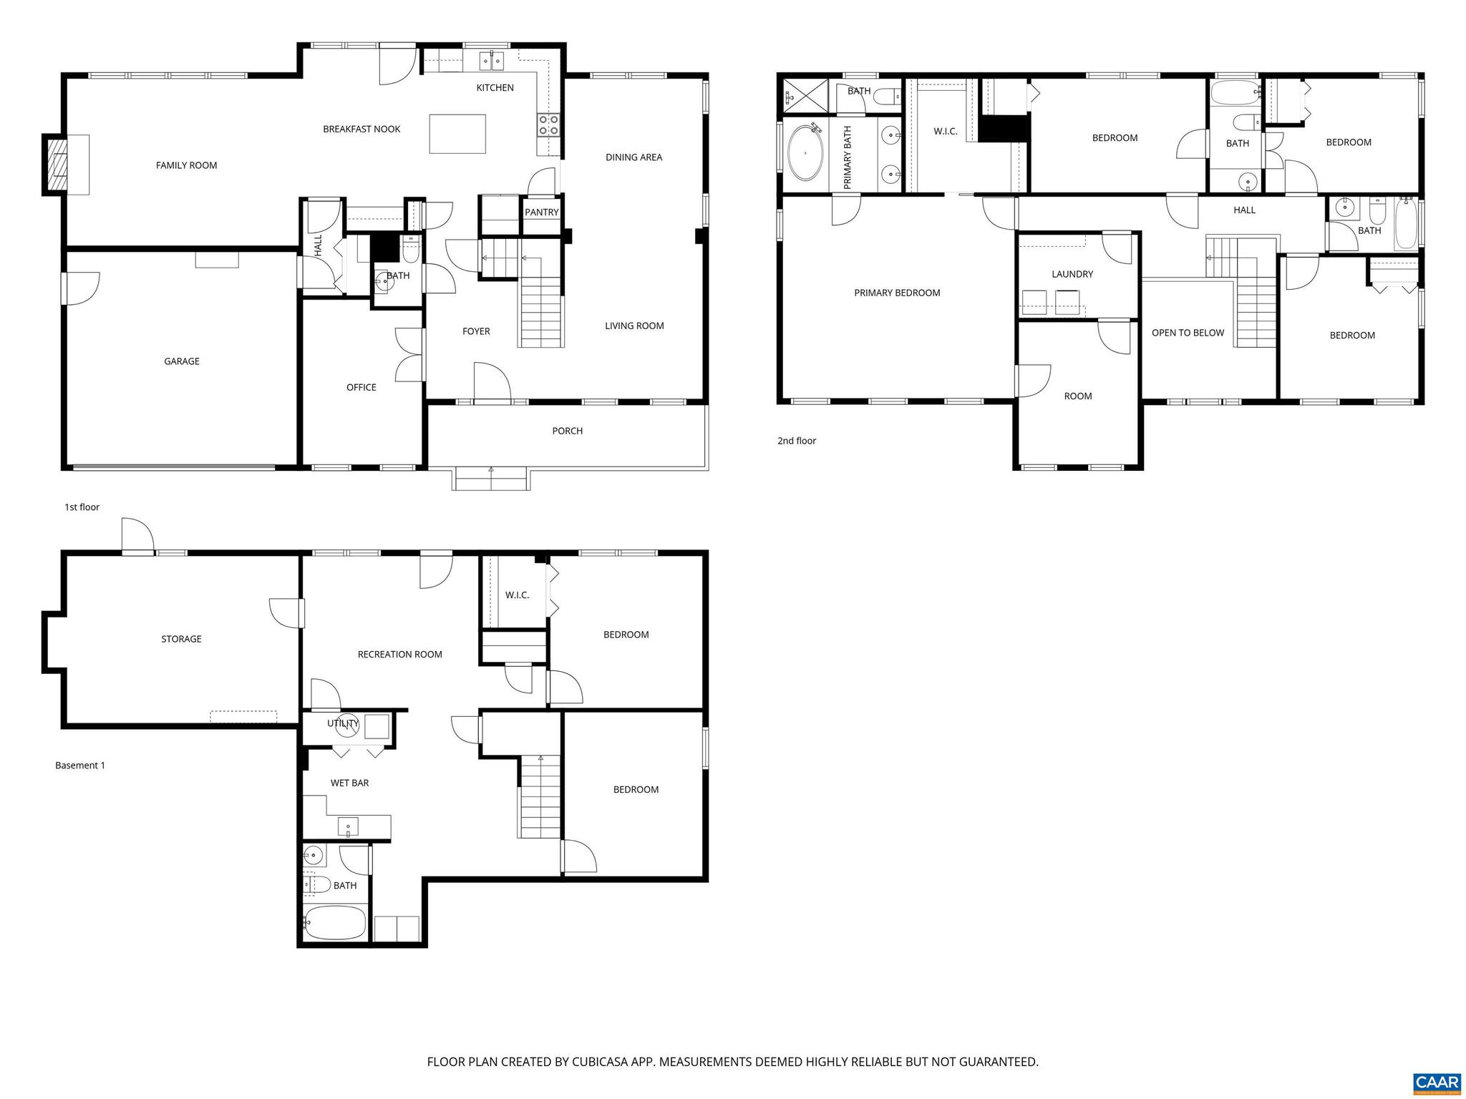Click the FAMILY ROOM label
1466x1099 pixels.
coord(186,165)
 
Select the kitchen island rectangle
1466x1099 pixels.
coord(457,134)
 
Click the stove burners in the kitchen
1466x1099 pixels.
coord(548,125)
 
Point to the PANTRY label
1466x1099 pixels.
coord(541,213)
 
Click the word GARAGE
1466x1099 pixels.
coord(182,361)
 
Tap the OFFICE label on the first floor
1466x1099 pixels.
coord(361,387)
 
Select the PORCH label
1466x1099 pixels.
coord(567,431)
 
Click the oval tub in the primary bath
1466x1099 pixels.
coord(806,154)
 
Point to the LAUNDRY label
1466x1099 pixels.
coord(1072,274)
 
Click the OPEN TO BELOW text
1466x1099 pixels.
coord(1188,333)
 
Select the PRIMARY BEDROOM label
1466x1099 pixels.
coord(896,293)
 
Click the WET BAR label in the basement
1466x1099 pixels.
coord(349,783)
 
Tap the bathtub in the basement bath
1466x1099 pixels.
coord(335,923)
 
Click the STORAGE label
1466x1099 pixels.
coord(181,639)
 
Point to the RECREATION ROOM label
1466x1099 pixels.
coord(399,654)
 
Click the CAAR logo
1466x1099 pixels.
coord(1437,1082)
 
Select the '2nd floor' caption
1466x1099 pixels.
coord(796,441)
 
